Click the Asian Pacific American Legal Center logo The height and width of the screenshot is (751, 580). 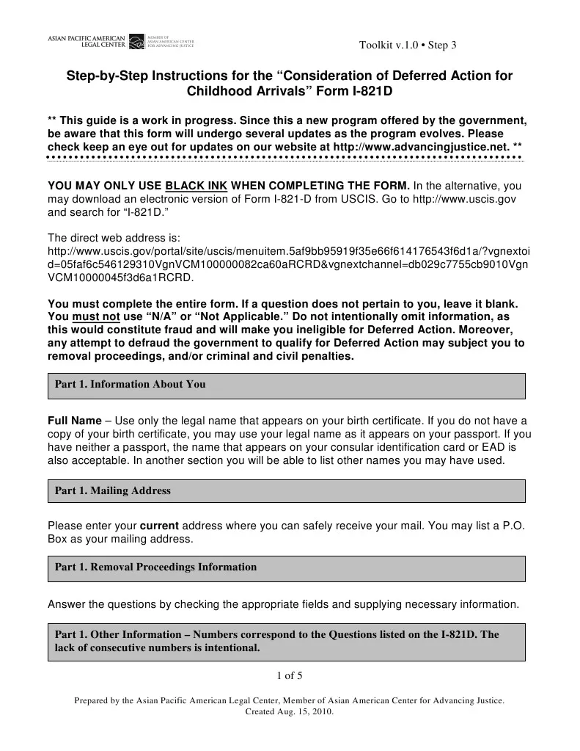120,42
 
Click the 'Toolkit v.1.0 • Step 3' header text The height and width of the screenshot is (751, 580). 408,46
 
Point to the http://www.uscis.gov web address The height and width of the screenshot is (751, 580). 466,199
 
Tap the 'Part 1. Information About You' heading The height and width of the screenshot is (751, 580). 131,384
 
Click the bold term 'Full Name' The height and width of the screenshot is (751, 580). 74,421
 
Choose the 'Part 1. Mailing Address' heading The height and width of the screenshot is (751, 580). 113,490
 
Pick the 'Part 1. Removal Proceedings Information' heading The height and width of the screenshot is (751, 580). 156,567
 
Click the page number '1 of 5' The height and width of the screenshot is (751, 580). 289,675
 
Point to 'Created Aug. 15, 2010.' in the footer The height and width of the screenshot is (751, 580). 289,712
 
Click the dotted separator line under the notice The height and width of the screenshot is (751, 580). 285,158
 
